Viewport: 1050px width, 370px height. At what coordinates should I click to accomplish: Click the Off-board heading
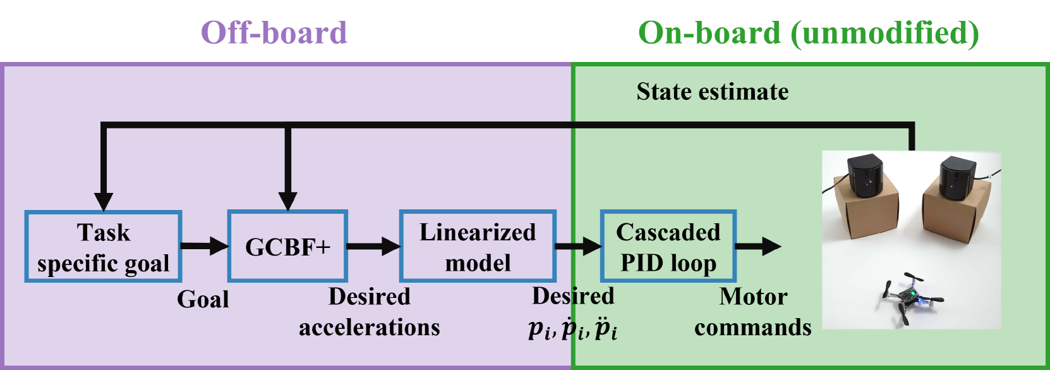274,33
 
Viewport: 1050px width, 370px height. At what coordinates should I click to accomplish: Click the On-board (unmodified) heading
808,33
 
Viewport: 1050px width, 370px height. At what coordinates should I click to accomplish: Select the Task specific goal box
104,247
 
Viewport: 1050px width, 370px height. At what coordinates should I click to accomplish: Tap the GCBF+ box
287,247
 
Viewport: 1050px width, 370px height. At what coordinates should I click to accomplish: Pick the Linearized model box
478,247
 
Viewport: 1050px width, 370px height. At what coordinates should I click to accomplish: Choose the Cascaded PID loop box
668,247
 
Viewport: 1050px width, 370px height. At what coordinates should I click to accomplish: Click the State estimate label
712,92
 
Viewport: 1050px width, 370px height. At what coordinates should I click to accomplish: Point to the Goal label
203,299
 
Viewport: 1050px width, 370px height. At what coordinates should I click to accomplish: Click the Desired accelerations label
369,312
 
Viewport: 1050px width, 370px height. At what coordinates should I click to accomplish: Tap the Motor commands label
752,312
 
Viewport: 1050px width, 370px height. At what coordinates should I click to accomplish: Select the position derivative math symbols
573,328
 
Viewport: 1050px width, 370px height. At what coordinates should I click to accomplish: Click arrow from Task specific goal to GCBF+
204,245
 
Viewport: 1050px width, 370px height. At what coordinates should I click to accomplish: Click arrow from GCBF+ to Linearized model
373,245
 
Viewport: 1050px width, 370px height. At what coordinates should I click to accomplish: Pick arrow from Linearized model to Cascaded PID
577,245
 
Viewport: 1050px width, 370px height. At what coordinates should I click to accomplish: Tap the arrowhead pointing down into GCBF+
287,201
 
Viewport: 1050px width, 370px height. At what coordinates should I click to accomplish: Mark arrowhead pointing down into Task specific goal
104,201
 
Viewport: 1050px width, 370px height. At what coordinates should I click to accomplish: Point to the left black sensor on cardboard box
866,176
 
